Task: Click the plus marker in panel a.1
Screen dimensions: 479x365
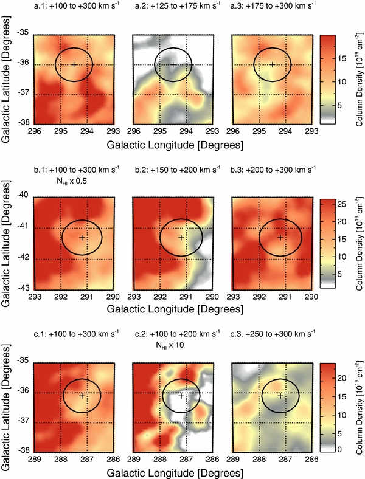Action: click(x=74, y=64)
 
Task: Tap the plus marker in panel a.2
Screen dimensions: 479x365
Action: click(x=173, y=64)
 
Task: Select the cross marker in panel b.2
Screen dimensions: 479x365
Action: click(x=181, y=237)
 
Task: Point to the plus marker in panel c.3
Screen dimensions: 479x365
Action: click(x=280, y=396)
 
